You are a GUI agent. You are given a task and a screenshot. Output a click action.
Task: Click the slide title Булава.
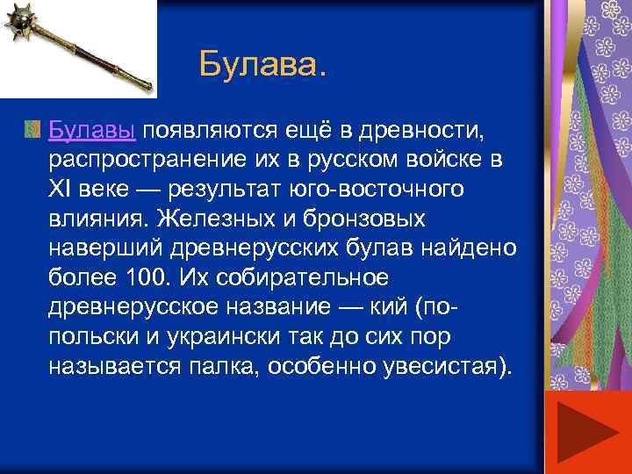(261, 63)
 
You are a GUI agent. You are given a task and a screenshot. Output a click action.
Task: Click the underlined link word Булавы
(92, 131)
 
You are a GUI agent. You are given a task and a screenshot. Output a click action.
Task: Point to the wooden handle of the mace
(97, 57)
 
